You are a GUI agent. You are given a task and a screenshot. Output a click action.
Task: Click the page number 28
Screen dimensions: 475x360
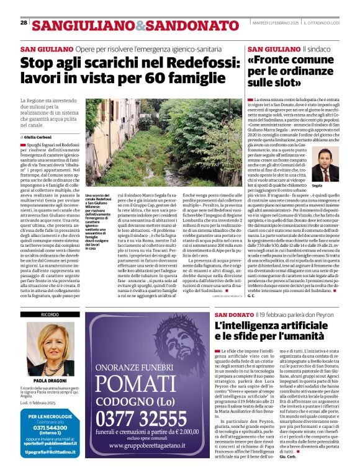tap(23, 22)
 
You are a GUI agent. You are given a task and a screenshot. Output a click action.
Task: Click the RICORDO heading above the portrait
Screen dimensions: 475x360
tap(50, 315)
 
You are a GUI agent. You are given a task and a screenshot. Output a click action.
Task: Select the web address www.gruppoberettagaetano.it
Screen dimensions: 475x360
tap(161, 455)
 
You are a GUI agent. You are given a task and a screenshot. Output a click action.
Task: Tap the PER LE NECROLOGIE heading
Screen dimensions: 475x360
tap(50, 416)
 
